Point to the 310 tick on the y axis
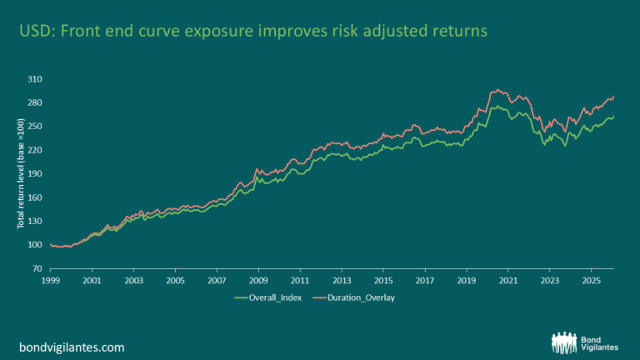tap(34, 79)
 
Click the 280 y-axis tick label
tap(34, 102)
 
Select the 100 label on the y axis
tap(34, 245)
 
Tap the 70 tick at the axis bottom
tap(37, 269)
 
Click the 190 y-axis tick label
tap(34, 174)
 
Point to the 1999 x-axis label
tap(50, 281)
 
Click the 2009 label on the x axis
tap(258, 281)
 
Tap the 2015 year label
tap(383, 281)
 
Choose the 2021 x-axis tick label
tap(508, 281)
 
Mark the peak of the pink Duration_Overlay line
tap(497, 89)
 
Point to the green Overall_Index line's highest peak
tap(497, 106)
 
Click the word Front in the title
tap(76, 31)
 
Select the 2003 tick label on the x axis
tap(133, 281)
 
